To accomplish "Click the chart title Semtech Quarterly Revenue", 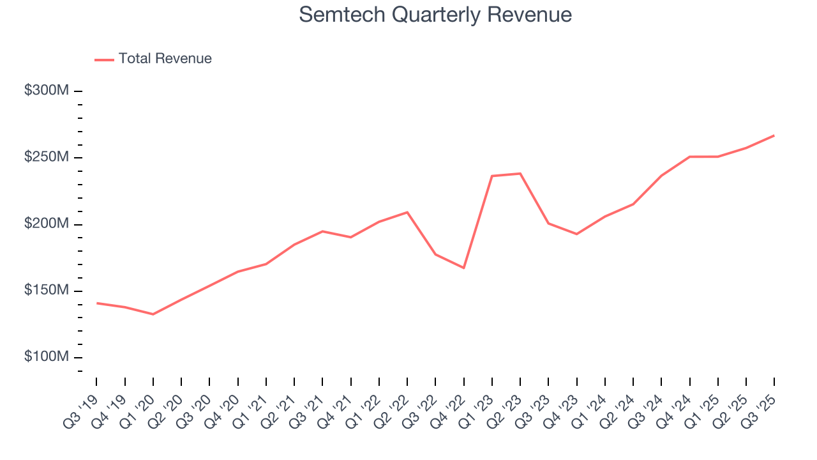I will (x=435, y=15).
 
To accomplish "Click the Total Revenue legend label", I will (x=165, y=59).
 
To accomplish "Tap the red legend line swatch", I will (x=104, y=59).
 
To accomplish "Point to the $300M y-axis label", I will (x=47, y=91).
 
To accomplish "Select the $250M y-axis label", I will (x=47, y=157).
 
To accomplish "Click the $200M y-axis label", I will (x=47, y=224).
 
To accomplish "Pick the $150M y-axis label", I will (x=47, y=291).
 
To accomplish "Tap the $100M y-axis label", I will (x=47, y=357).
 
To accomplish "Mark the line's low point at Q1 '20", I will (x=153, y=314).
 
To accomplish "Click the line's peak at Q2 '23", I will (x=520, y=173).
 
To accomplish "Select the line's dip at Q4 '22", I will (x=464, y=268).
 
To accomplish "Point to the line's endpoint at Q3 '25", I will (x=774, y=135).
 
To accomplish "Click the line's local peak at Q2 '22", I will (x=407, y=212).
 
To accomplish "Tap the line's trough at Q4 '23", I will (x=576, y=234).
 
